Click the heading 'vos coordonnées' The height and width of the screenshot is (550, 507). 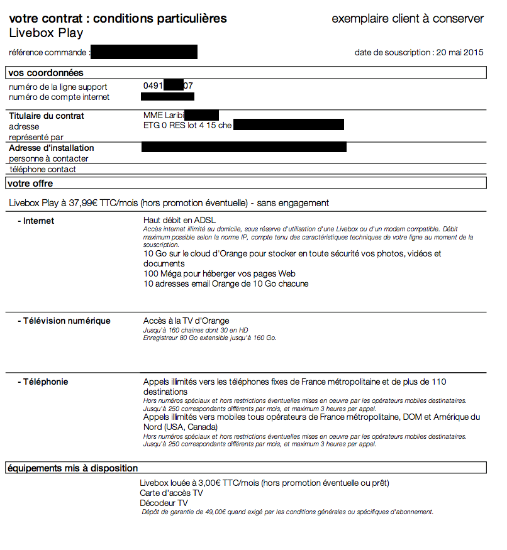tap(46, 73)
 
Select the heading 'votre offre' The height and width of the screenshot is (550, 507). tap(31, 184)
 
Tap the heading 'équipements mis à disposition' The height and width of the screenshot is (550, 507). tap(73, 468)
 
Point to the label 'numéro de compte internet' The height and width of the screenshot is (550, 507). tap(59, 97)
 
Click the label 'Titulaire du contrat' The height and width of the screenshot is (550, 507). tap(47, 116)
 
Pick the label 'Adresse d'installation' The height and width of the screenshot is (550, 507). tap(52, 148)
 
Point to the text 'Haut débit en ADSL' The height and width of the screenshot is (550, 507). tap(180, 221)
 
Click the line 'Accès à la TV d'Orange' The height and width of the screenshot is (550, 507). tap(186, 321)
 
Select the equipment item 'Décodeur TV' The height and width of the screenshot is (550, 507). tap(164, 503)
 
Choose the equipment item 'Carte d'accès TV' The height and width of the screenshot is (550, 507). tap(171, 493)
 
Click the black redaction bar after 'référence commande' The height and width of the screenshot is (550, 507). tap(144, 52)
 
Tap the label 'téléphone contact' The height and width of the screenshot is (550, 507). tap(42, 169)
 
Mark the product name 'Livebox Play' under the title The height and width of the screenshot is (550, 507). tap(46, 33)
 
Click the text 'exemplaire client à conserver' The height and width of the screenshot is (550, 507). tap(408, 19)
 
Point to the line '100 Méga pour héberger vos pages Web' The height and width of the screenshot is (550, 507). tap(219, 273)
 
